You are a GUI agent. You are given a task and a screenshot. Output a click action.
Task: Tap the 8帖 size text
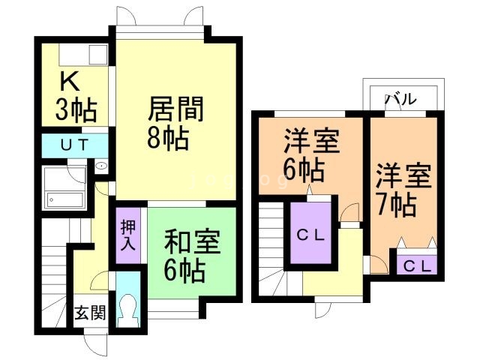pyautogui.click(x=167, y=139)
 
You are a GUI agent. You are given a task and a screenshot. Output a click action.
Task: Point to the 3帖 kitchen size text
pyautogui.click(x=76, y=111)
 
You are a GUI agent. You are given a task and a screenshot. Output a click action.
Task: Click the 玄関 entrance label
pyautogui.click(x=88, y=313)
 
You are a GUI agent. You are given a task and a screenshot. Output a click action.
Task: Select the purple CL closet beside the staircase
pyautogui.click(x=311, y=235)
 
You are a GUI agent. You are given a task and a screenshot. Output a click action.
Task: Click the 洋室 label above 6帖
pyautogui.click(x=310, y=141)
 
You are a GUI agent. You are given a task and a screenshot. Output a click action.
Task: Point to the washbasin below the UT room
pyautogui.click(x=102, y=166)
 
